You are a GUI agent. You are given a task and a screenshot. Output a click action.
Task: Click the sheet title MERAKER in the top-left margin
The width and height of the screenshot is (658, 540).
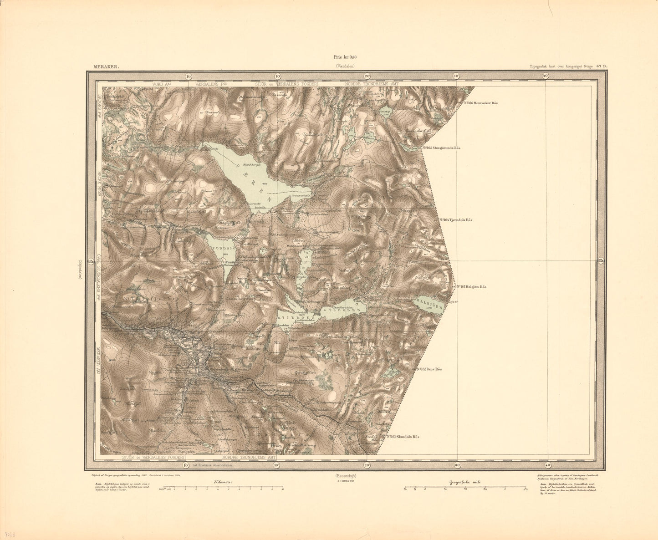[x=106, y=66]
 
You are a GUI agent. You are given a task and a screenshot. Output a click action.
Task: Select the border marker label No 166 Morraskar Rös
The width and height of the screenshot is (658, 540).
[x=481, y=103]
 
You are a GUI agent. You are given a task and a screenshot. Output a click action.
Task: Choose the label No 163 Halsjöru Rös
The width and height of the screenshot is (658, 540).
[x=469, y=287]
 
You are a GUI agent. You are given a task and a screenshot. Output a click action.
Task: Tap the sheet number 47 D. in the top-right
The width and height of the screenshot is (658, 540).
[x=602, y=66]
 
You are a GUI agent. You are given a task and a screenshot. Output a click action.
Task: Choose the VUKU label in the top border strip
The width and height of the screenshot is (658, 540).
[x=160, y=84]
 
